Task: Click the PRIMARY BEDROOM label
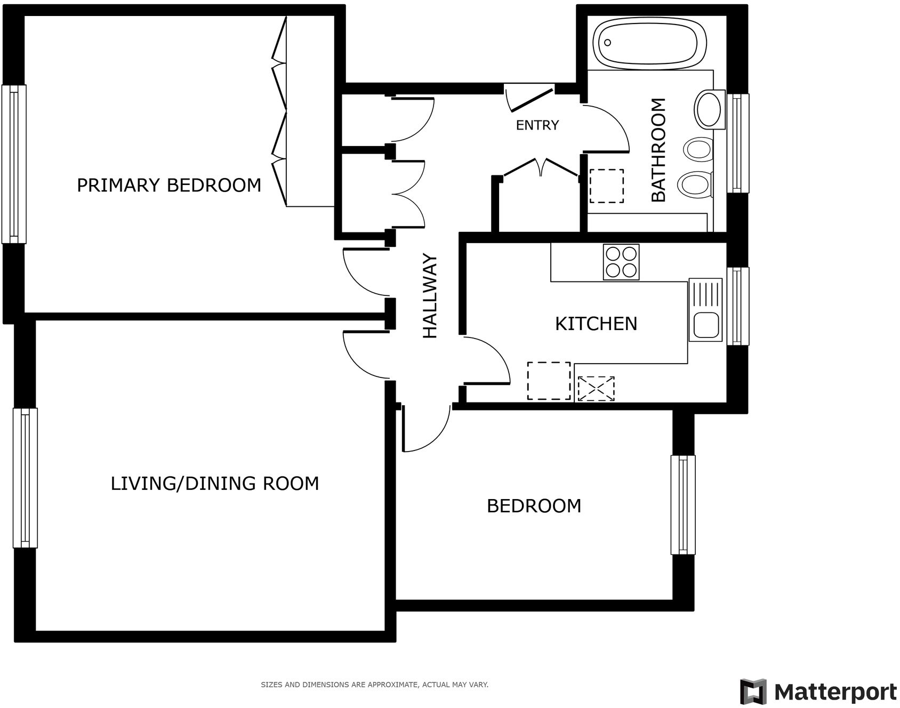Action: [x=169, y=185]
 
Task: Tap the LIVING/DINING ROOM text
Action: [x=214, y=484]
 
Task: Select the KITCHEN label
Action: [x=596, y=324]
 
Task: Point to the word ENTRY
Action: [x=537, y=125]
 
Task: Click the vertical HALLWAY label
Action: [x=430, y=296]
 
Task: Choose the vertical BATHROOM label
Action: [x=659, y=150]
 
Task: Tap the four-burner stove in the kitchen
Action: [x=621, y=262]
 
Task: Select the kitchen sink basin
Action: [x=705, y=325]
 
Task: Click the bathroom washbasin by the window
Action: [x=709, y=109]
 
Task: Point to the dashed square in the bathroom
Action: [x=606, y=186]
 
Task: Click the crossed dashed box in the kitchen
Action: [x=596, y=389]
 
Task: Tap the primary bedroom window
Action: [x=14, y=164]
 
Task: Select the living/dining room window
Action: [x=25, y=478]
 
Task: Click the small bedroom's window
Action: [x=682, y=505]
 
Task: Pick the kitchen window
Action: [x=737, y=305]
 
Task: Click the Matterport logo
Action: [x=818, y=692]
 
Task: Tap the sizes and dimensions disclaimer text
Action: [x=374, y=685]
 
